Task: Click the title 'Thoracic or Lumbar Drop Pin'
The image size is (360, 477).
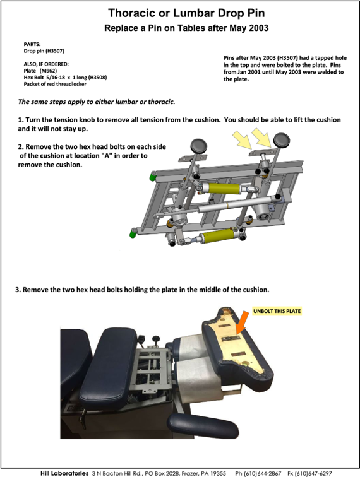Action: pyautogui.click(x=186, y=13)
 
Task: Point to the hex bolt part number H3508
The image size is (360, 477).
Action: pyautogui.click(x=97, y=77)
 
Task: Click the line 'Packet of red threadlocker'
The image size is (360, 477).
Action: pyautogui.click(x=55, y=84)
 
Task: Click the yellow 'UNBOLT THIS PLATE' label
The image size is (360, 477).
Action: pyautogui.click(x=277, y=311)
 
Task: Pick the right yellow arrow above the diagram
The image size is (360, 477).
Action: pyautogui.click(x=261, y=138)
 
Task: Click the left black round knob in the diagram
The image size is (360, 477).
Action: pyautogui.click(x=198, y=146)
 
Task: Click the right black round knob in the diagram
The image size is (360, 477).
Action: pyautogui.click(x=282, y=140)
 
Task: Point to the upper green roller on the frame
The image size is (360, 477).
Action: pyautogui.click(x=153, y=176)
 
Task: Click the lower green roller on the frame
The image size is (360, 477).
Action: pyautogui.click(x=133, y=233)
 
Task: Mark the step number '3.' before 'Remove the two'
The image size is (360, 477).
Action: pyautogui.click(x=18, y=290)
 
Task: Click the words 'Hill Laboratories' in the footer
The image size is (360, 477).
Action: pyautogui.click(x=64, y=473)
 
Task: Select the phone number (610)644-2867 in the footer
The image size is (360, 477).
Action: pyautogui.click(x=262, y=473)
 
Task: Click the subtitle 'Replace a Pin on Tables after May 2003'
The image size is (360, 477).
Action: pyautogui.click(x=186, y=28)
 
